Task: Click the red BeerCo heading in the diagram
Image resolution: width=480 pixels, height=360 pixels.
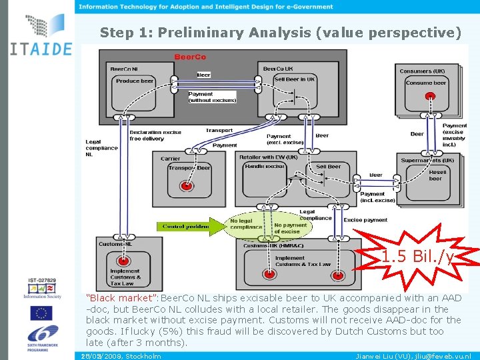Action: [190, 57]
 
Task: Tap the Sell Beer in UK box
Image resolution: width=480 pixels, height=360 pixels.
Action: [294, 79]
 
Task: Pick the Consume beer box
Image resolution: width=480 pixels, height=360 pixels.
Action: [425, 83]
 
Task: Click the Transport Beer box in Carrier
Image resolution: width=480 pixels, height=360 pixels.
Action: [189, 168]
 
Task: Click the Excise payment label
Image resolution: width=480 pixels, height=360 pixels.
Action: [365, 219]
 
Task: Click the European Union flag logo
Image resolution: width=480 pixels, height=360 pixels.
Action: [41, 313]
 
